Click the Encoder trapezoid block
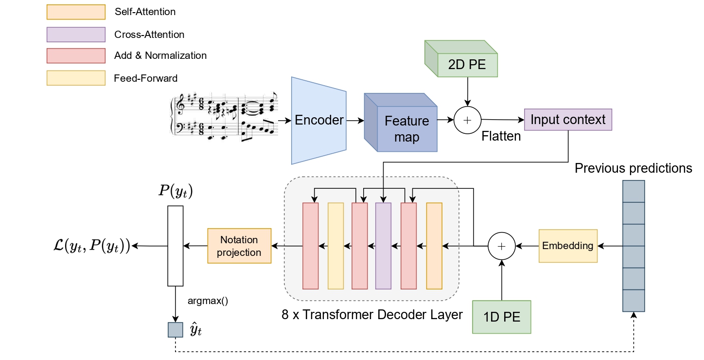click(x=318, y=120)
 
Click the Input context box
click(x=568, y=120)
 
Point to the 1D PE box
click(x=502, y=317)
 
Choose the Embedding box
click(x=567, y=246)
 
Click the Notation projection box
click(x=239, y=246)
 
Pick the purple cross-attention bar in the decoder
click(x=383, y=246)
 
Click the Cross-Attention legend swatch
click(x=76, y=35)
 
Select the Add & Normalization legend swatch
click(x=76, y=56)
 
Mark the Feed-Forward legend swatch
click(x=76, y=78)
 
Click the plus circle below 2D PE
click(x=467, y=120)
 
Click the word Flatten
click(x=501, y=136)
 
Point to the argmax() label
click(x=208, y=301)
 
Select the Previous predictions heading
click(x=633, y=168)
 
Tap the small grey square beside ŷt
click(x=175, y=330)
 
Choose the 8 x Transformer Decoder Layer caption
click(x=372, y=314)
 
